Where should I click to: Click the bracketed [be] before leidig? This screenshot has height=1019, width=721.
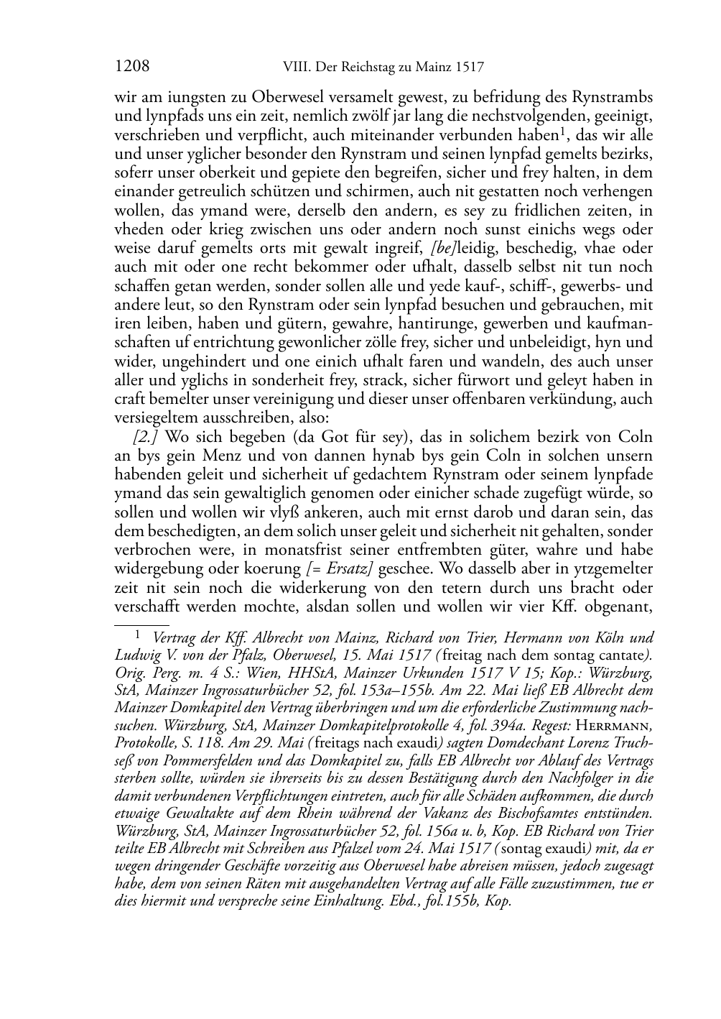tap(441, 249)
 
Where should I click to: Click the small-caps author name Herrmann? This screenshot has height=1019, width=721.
tap(615, 725)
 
